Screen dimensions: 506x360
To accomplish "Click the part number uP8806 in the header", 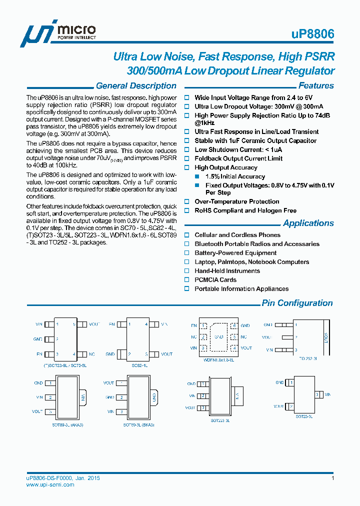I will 312,34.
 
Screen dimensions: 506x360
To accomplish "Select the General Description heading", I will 136,86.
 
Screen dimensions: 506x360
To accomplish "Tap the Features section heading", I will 316,86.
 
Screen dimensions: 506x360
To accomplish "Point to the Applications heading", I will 308,223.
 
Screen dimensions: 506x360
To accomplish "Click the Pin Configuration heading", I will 297,303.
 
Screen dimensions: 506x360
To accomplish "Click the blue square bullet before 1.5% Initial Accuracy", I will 197,177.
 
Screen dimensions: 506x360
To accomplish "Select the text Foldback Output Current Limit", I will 238,158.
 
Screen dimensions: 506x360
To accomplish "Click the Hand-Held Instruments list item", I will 227,271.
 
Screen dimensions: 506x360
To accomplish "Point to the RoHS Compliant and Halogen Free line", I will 245,211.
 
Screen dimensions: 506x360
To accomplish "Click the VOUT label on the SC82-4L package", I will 166,354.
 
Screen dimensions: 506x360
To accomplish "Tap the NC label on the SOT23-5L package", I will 92,354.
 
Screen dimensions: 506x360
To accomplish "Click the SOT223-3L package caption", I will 220,421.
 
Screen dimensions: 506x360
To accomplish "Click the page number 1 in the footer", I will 332,478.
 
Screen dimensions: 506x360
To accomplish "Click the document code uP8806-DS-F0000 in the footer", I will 49,478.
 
